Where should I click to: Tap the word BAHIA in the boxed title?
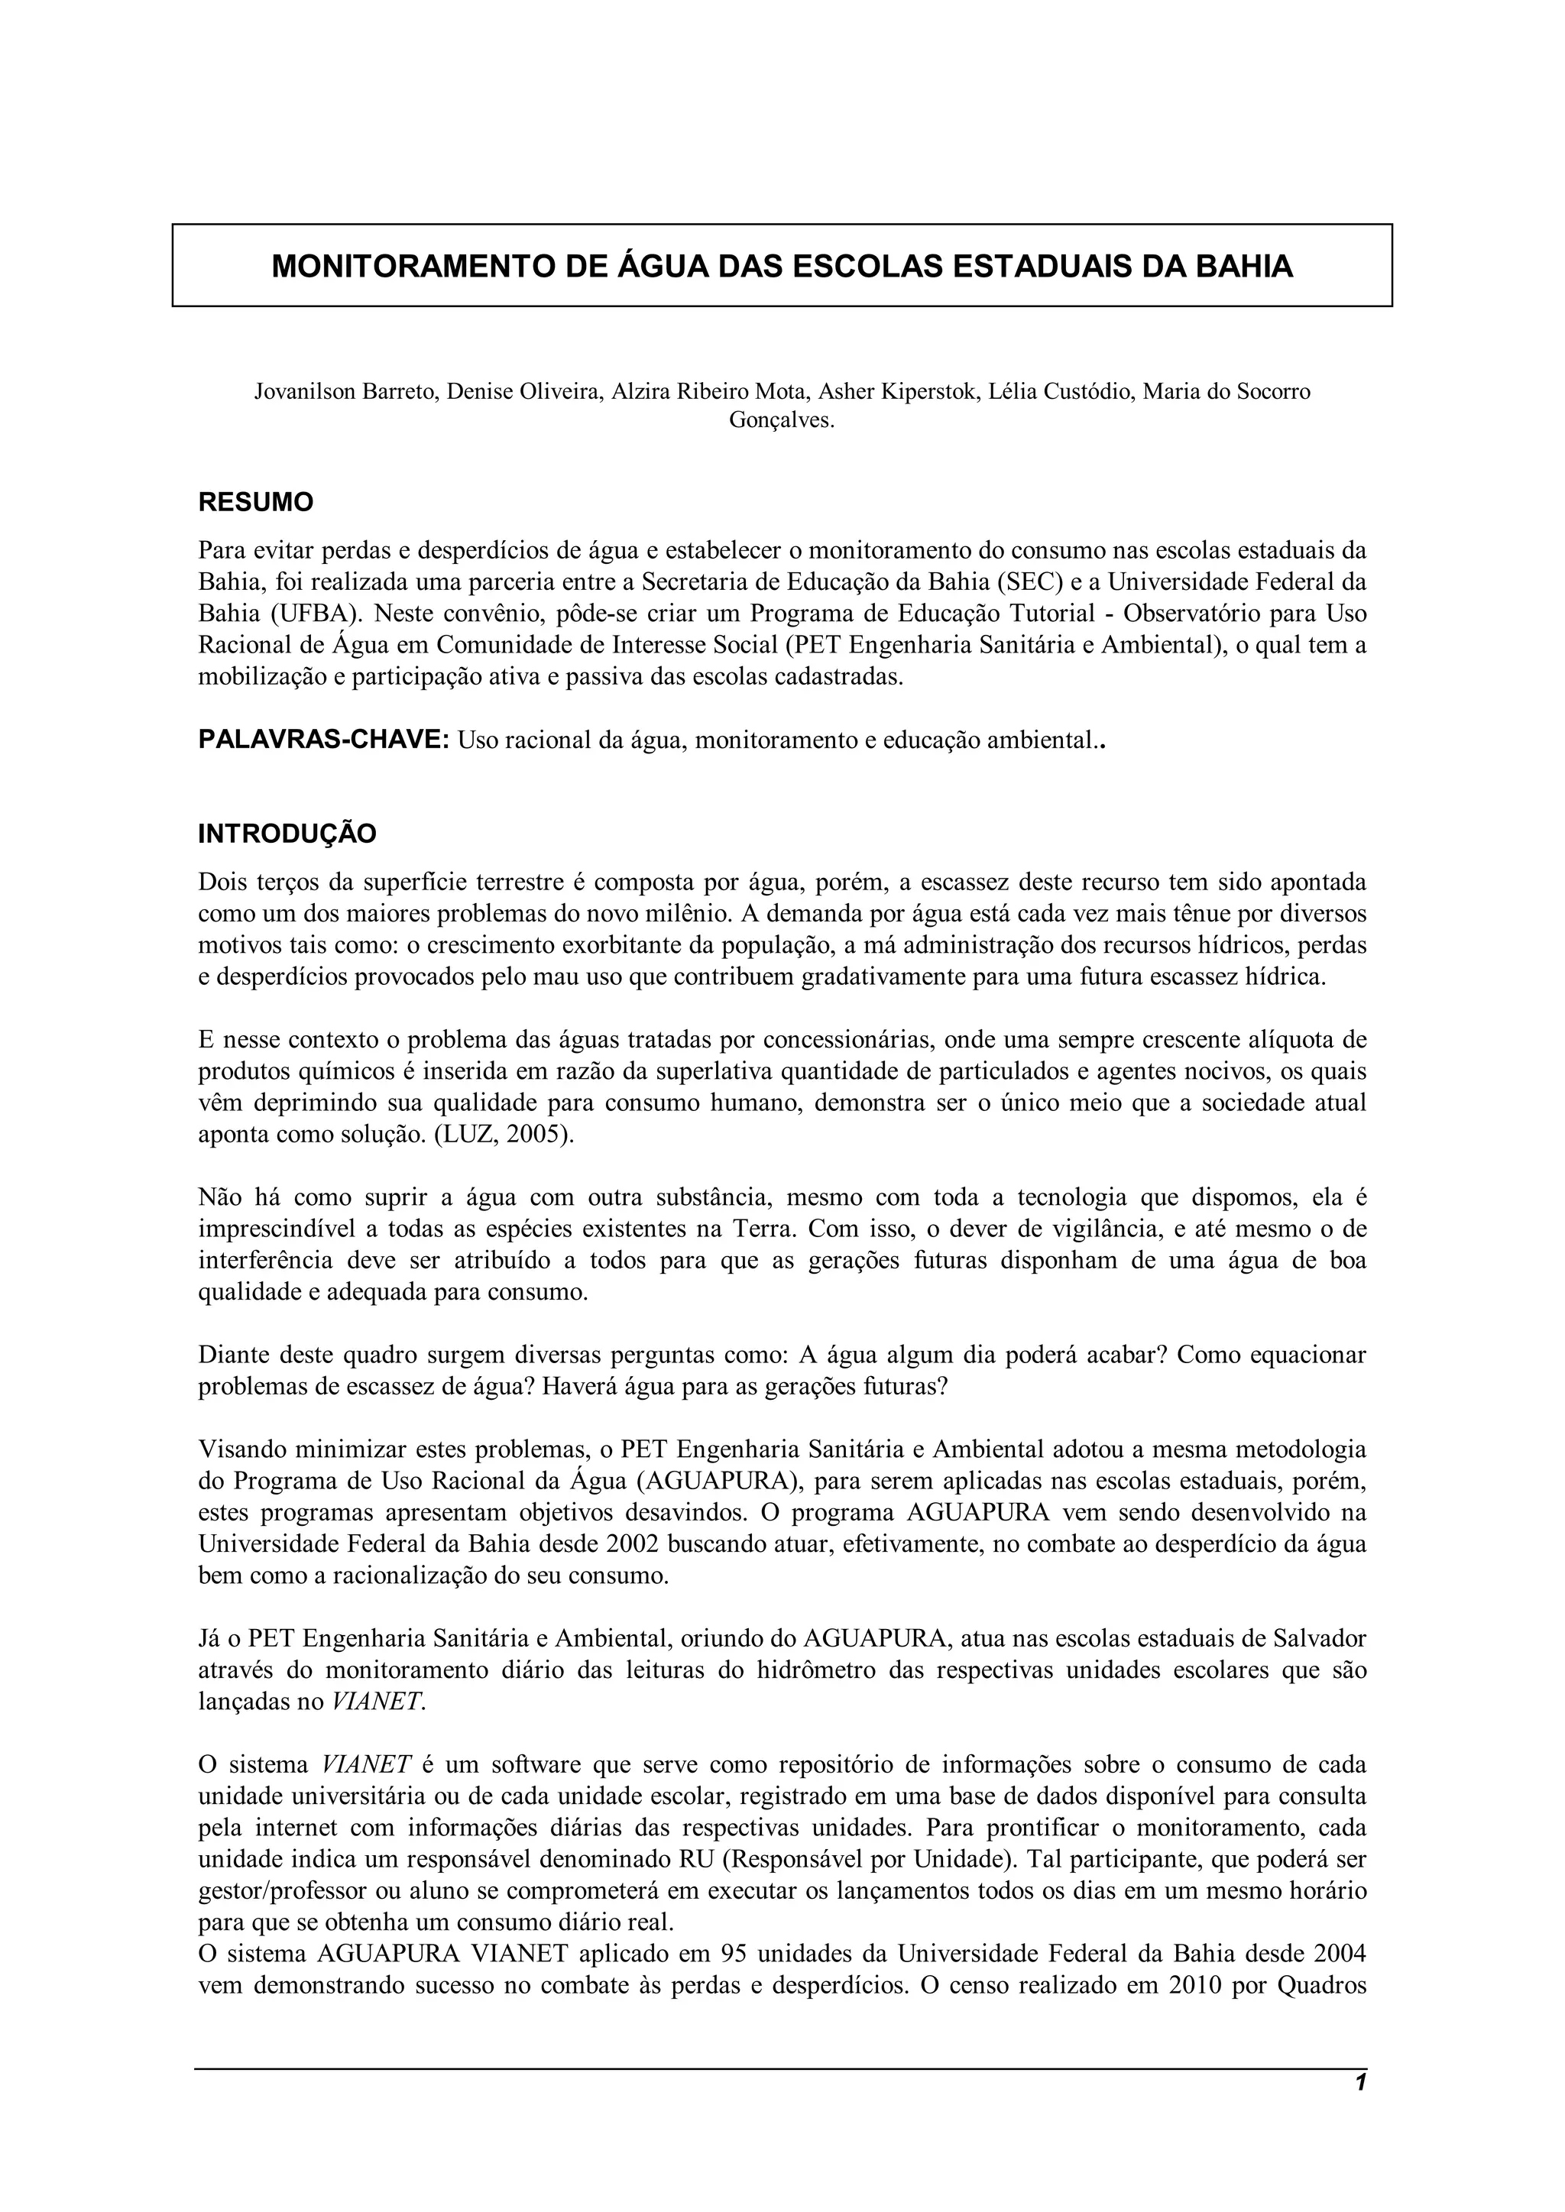pos(1243,266)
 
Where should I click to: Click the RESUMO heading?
pos(255,502)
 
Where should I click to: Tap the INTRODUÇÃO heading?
pos(287,834)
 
